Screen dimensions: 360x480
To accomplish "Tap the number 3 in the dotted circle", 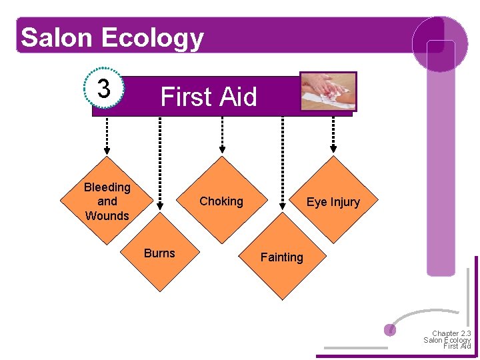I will tap(104, 88).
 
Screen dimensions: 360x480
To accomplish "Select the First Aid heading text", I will tap(208, 97).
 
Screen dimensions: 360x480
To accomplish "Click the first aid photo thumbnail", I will tap(328, 91).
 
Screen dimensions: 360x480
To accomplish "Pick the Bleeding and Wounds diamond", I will tap(107, 201).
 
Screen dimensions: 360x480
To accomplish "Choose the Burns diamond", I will tap(159, 253).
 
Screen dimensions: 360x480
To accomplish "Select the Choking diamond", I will tap(221, 201).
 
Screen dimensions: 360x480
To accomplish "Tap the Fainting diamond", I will tap(281, 257).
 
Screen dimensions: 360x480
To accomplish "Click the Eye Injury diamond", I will tap(333, 201).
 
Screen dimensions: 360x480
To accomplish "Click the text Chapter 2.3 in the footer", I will tap(451, 333).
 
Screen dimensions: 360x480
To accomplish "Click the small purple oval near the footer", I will tap(391, 329).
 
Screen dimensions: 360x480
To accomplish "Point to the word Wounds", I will tap(107, 216).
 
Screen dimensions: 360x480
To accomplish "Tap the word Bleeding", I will tap(107, 187).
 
